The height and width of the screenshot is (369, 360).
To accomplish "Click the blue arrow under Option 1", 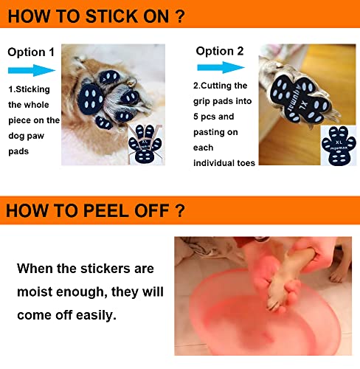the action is [x=32, y=70].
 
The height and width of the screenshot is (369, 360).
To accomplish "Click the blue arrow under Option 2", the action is [x=221, y=67].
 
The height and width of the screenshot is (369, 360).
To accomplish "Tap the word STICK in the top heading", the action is [x=111, y=16].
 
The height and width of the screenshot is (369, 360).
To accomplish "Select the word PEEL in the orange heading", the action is [x=106, y=210].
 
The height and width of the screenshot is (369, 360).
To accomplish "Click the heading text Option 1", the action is [x=31, y=52].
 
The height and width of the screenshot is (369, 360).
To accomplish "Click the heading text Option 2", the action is [x=220, y=51].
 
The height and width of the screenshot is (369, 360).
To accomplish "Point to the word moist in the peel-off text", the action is [x=35, y=292].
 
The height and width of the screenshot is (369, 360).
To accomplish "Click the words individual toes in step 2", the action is [x=224, y=163].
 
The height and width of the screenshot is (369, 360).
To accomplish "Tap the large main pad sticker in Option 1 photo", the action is [x=91, y=99].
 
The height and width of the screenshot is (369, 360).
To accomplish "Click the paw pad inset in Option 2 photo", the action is [x=339, y=145].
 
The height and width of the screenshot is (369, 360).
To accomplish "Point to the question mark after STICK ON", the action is [x=181, y=16].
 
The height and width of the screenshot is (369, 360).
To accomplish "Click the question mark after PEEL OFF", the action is [x=180, y=210].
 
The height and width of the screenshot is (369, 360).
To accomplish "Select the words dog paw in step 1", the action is [x=27, y=136].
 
